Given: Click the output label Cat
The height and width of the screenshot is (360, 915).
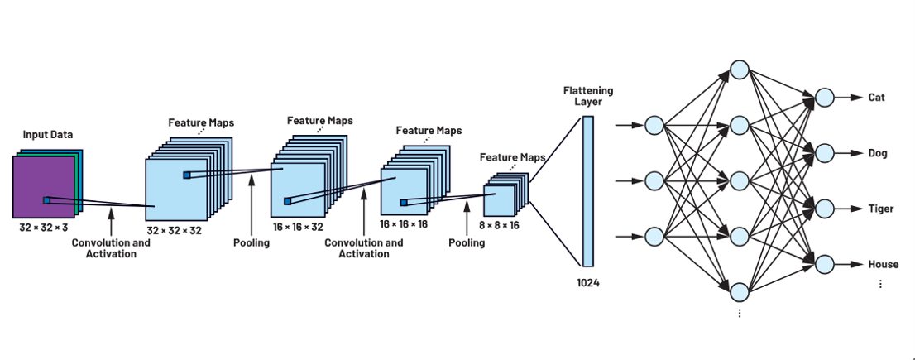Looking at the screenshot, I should coord(876,98).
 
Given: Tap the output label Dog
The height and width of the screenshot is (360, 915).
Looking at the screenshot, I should coord(877,153).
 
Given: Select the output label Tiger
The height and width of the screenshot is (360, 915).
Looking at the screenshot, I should coord(880,209).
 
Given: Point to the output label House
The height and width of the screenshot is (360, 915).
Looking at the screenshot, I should coord(882,264).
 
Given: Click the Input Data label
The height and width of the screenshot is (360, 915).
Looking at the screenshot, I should coord(49,135).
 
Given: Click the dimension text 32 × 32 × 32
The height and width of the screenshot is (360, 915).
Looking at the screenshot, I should coord(174,231).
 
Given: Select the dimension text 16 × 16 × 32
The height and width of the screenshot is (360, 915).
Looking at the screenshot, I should coord(298,226).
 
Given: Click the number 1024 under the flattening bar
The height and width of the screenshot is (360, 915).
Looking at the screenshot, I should coord(588,283).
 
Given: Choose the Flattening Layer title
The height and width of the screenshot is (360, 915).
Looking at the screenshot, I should coord(588,96).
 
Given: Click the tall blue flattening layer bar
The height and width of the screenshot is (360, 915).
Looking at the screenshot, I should coord(588,190).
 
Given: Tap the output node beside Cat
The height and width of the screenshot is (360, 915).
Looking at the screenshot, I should coord(824,98).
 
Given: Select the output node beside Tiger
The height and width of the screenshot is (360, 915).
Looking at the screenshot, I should coord(824,209).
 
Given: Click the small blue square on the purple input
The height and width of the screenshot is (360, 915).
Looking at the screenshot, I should coord(46,199).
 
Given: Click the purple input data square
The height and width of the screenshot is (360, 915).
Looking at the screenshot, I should coord(41,186).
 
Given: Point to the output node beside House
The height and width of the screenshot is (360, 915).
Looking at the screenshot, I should coord(824,264).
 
